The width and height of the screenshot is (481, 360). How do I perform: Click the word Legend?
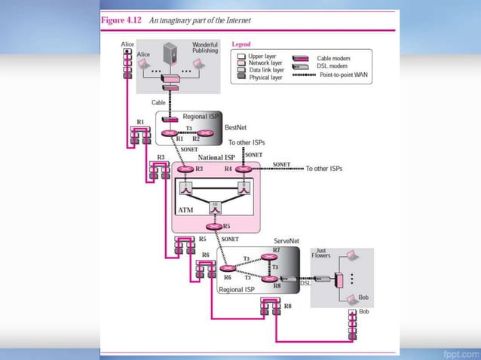[x=241, y=44]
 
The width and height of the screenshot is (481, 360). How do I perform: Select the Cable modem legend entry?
[x=332, y=58]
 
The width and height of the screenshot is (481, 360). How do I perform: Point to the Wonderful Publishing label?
[x=205, y=47]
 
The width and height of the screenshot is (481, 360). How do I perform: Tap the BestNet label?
[x=236, y=128]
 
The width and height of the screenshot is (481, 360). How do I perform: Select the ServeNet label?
[x=286, y=241]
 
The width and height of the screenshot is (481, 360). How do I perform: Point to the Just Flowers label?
[x=321, y=253]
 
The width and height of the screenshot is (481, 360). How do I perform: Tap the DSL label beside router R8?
[x=305, y=283]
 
